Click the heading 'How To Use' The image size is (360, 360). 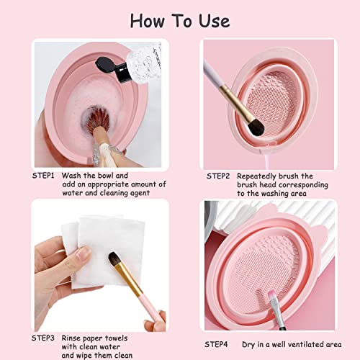point(179,19)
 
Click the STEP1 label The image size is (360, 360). point(46,175)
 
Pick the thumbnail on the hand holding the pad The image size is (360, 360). point(83,253)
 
